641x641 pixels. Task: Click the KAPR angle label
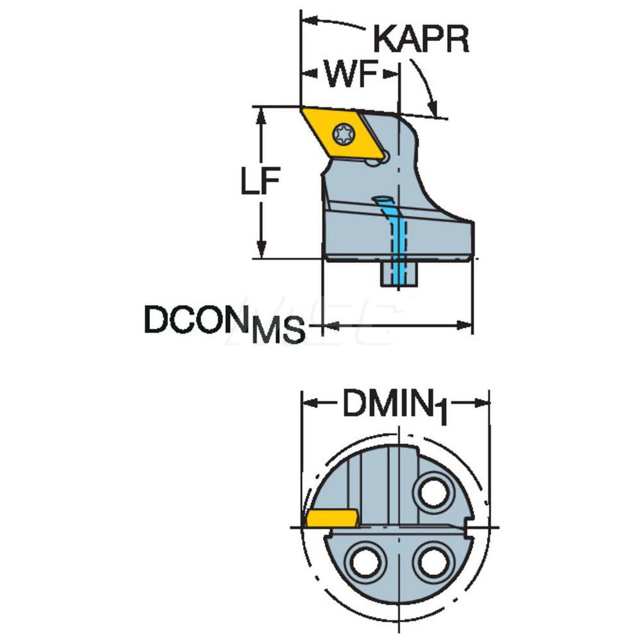pos(421,40)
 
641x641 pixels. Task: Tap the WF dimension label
pos(350,76)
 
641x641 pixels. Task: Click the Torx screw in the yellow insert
pos(344,134)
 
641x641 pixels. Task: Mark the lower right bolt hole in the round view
pos(433,563)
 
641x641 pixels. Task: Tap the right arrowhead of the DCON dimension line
pos(466,326)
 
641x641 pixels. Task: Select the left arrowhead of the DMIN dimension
pos(308,403)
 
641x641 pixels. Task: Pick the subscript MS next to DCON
pos(277,331)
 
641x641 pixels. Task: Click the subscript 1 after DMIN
pos(440,413)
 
